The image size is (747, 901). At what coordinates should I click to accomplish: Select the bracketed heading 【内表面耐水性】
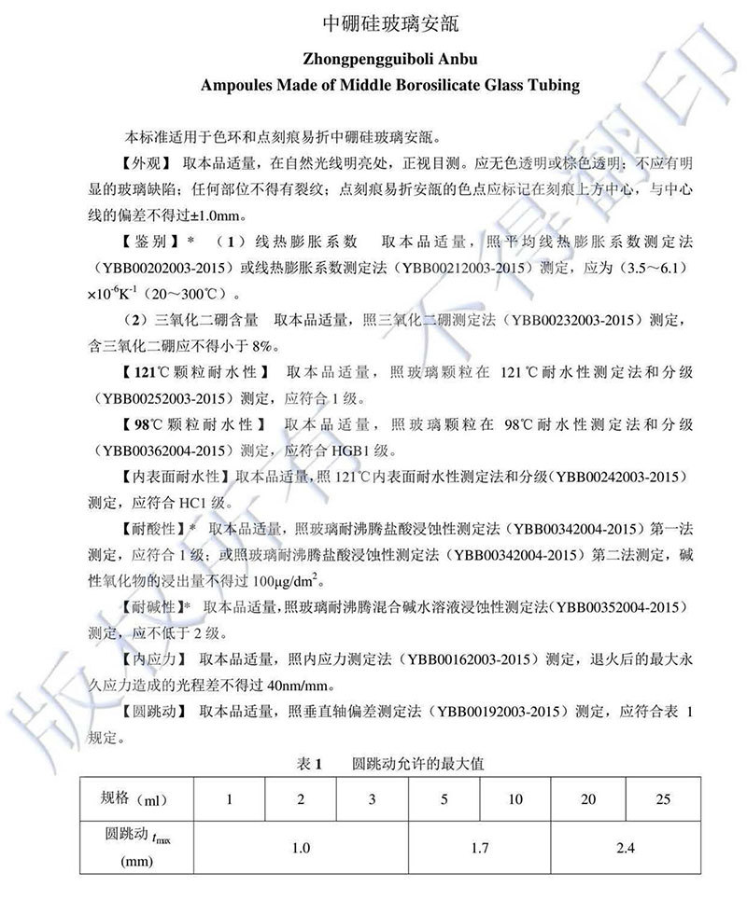(175, 477)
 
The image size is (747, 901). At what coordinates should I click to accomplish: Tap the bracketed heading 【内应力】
(150, 659)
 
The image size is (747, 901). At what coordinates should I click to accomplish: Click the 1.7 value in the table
(480, 848)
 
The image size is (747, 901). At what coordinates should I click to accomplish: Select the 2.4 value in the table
(625, 848)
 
